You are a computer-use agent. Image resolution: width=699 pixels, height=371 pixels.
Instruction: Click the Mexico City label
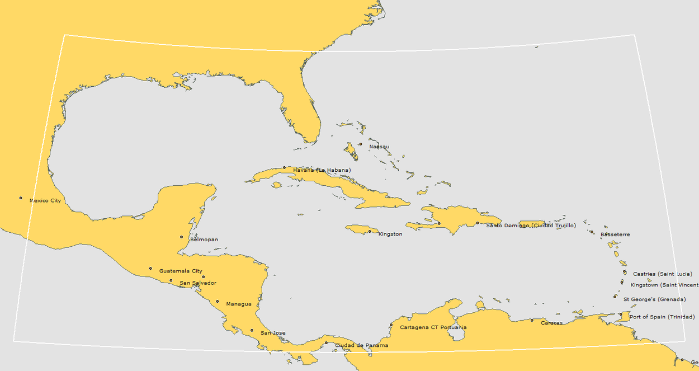tap(45, 200)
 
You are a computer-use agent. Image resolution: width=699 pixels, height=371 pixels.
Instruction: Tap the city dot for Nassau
tap(361, 144)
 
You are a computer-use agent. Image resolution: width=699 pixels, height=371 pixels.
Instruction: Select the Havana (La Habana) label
tap(322, 170)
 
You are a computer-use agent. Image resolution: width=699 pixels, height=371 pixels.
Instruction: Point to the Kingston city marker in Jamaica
tap(370, 231)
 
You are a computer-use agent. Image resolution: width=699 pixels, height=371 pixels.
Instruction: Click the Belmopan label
tap(204, 239)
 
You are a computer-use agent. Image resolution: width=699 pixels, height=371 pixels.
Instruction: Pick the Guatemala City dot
tap(150, 269)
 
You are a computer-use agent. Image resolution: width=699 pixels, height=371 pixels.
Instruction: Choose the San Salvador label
tap(198, 283)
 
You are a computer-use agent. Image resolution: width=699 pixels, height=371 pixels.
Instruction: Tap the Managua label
tap(239, 304)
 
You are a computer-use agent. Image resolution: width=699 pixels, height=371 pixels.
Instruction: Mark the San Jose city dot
tap(252, 330)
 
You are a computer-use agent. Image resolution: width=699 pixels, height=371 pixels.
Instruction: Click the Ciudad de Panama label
tap(361, 346)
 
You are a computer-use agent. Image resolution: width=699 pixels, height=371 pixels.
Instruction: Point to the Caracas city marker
tap(532, 320)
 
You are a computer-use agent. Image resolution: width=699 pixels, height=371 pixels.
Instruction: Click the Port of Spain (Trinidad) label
tap(662, 317)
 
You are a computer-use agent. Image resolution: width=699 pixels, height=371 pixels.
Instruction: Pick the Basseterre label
tap(615, 234)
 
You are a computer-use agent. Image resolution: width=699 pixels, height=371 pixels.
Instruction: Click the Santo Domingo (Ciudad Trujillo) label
tap(531, 226)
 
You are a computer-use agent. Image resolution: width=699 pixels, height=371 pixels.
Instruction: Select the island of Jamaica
tap(358, 229)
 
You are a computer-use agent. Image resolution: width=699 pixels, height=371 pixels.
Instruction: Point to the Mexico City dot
tap(21, 198)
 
